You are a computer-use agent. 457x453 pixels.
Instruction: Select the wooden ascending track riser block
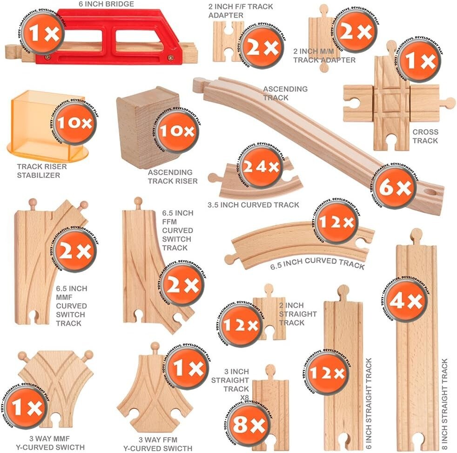[140, 125]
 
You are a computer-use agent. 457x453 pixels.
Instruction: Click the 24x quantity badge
[261, 167]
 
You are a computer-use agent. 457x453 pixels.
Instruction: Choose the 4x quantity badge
[406, 301]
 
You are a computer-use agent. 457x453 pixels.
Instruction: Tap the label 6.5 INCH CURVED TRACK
[317, 263]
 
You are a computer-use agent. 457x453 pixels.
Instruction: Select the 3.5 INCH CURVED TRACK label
[253, 204]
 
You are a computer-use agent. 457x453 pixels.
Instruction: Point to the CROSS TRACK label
[425, 136]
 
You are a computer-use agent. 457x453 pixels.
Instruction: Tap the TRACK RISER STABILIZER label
[42, 171]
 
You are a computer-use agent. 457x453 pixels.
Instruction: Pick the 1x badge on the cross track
[419, 61]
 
